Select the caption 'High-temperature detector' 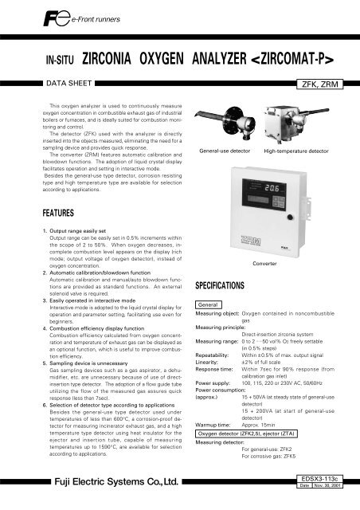tap(297, 150)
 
